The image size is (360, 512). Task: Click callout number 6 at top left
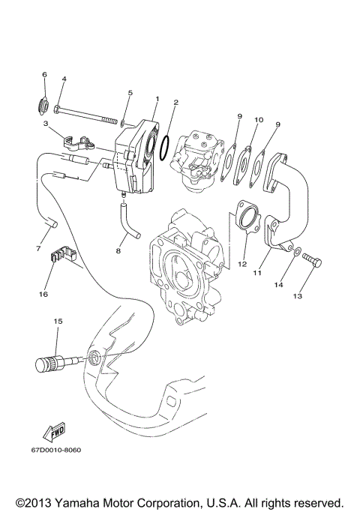pos(44,75)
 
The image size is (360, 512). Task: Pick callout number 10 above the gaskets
pos(259,119)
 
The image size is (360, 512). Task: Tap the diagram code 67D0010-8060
pos(56,451)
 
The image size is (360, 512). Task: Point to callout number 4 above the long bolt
pos(64,79)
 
